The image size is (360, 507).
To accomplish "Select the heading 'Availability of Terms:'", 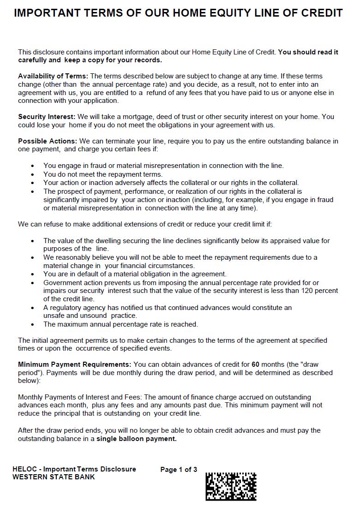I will click(x=53, y=76).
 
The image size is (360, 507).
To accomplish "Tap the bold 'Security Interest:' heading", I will click(x=47, y=117).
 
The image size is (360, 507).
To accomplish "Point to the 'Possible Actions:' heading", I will click(x=48, y=141).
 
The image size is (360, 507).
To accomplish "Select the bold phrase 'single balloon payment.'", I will click(x=136, y=439).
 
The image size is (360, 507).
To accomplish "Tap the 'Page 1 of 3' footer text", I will click(x=179, y=470).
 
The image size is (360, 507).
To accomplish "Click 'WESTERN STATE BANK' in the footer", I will click(x=54, y=477).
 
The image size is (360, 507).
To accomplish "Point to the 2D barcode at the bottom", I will click(x=231, y=486).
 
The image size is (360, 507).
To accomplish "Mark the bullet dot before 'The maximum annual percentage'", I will click(x=32, y=324).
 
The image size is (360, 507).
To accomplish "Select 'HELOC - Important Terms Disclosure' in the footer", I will click(x=74, y=469).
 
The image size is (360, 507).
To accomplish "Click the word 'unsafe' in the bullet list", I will click(x=54, y=316).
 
